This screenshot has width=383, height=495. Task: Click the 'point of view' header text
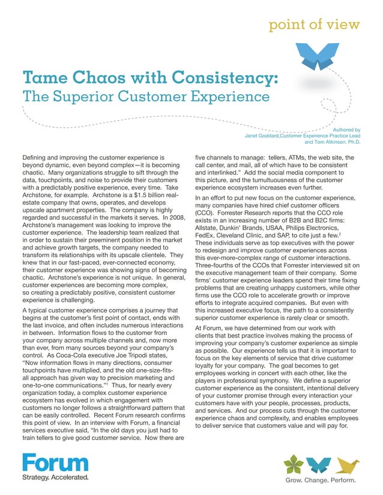pyautogui.click(x=314, y=25)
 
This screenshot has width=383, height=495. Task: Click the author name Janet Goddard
pyautogui.click(x=261, y=135)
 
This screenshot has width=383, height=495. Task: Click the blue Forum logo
pyautogui.click(x=55, y=463)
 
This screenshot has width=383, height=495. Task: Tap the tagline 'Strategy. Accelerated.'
pyautogui.click(x=55, y=478)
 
